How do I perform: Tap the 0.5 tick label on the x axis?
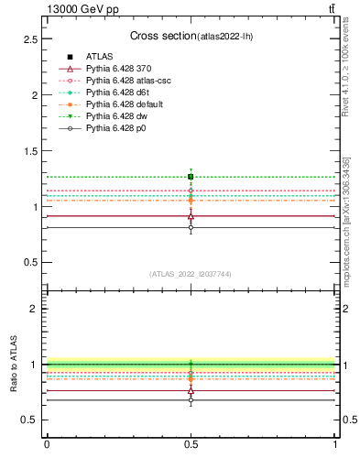click(x=191, y=444)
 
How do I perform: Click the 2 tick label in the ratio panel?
click(x=34, y=309)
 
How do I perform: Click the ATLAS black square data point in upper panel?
click(x=191, y=176)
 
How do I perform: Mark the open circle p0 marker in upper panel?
click(x=191, y=227)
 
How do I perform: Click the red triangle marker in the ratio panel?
click(x=191, y=391)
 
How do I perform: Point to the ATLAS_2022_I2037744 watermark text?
click(x=191, y=274)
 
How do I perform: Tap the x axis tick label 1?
click(x=335, y=444)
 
